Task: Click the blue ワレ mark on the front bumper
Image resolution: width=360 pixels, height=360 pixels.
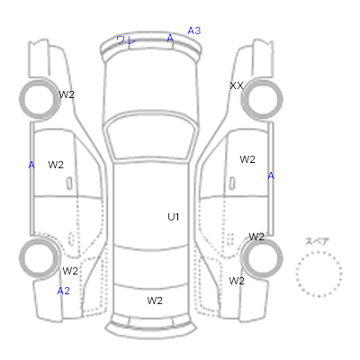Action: click(x=126, y=40)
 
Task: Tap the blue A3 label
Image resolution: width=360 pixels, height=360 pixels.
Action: click(x=194, y=31)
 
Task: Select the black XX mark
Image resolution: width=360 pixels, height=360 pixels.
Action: click(x=237, y=85)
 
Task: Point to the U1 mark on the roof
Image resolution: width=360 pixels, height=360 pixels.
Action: click(x=174, y=217)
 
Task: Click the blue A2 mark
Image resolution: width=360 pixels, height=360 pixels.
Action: click(x=64, y=291)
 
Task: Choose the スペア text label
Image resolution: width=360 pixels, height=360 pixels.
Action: click(x=317, y=241)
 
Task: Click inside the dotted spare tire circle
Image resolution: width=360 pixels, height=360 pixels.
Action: click(x=319, y=274)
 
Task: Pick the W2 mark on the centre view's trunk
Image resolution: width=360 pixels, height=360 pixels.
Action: click(x=155, y=301)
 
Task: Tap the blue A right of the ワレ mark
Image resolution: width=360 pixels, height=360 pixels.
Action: click(x=170, y=38)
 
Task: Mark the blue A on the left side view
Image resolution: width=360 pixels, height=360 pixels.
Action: click(x=31, y=165)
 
